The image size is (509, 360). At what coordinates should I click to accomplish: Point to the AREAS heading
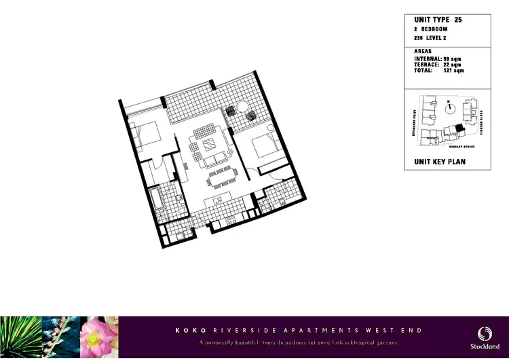423,52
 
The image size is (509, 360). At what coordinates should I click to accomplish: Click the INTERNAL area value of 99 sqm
453,59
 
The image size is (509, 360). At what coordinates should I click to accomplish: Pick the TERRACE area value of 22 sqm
453,65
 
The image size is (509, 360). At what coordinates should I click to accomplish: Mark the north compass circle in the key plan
449,107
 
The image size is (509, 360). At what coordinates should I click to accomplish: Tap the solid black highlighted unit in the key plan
459,127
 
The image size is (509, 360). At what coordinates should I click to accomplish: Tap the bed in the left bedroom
145,134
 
